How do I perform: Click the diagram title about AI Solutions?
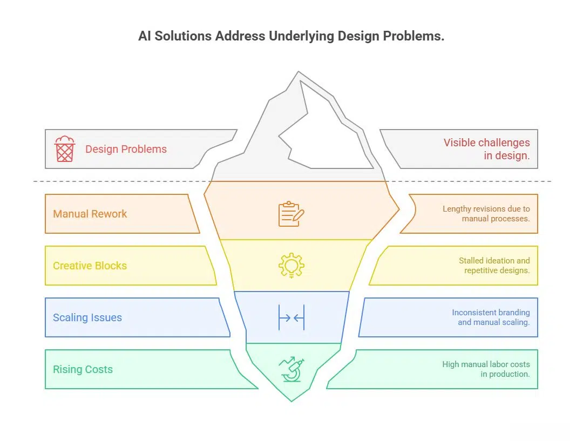coord(291,37)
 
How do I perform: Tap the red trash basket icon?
coord(65,149)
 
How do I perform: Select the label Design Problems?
coord(126,149)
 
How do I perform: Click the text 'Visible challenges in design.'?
coord(486,149)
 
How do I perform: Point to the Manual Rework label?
coord(90,214)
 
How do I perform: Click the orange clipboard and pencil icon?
coord(291,214)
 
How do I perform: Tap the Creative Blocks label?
coord(90,266)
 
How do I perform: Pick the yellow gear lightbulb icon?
coord(291,266)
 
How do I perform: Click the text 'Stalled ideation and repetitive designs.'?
coord(494,266)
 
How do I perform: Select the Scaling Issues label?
coord(87,317)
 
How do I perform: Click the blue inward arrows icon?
coord(291,317)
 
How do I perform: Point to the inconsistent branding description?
coord(491,317)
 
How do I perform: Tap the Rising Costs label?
coord(83,369)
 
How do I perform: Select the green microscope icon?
coord(291,369)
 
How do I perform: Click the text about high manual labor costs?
coord(486,369)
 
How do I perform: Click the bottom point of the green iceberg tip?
coord(291,401)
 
